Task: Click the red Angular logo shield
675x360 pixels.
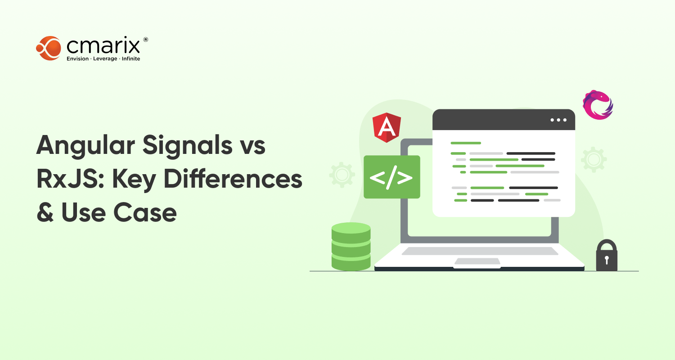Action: [387, 128]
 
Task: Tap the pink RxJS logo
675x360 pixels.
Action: [598, 105]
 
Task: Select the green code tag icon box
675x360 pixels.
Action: [391, 177]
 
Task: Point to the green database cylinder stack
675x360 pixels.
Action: [351, 247]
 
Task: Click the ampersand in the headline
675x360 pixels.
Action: [45, 212]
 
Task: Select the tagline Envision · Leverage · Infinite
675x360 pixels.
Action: [103, 59]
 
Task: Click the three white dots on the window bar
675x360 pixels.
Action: [558, 120]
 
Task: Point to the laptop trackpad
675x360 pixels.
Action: [477, 261]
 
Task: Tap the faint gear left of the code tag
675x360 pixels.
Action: [342, 175]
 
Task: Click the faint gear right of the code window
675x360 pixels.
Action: [594, 159]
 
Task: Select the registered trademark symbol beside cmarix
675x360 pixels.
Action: [145, 40]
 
